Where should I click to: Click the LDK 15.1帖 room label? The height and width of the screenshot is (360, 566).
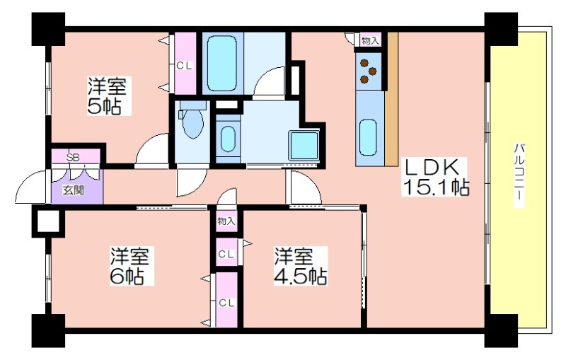coord(436,177)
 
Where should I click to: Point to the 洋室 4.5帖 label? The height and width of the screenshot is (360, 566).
coord(300,266)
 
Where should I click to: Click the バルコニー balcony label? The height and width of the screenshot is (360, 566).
coord(519,175)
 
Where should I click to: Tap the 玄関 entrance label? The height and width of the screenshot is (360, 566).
coord(74,190)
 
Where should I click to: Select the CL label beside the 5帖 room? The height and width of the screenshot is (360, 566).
coord(185,66)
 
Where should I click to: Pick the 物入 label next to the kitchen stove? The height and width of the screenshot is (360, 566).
coord(370,41)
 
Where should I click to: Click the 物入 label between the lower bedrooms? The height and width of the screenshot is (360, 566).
coord(226,221)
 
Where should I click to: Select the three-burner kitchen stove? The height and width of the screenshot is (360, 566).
coord(368,71)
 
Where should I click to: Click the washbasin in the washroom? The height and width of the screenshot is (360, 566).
coord(228,139)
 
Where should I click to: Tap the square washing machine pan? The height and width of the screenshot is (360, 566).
coord(304,146)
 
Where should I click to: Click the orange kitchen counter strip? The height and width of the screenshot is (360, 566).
coord(391,99)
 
